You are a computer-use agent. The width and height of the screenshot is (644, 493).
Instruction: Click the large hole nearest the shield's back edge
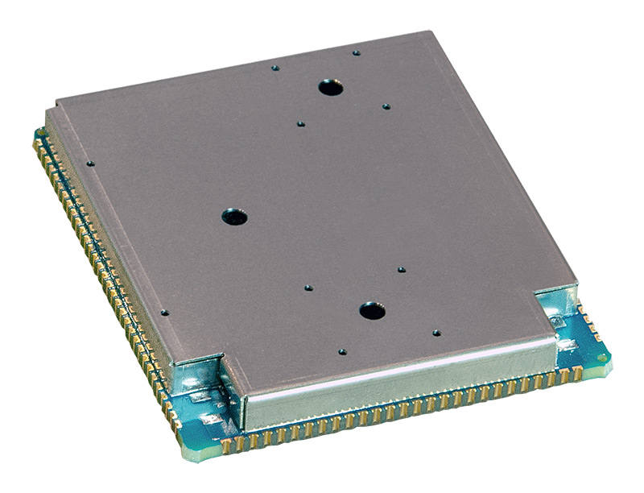click(328, 86)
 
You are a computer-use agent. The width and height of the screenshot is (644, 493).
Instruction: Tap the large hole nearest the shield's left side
click(234, 216)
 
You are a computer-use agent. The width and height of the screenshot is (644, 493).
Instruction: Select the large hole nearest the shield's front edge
click(371, 310)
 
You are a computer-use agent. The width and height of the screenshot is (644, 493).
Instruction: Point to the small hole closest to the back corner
click(356, 53)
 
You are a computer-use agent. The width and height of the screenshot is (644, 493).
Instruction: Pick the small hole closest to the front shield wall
click(342, 352)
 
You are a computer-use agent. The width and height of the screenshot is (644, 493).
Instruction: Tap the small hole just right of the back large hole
click(386, 106)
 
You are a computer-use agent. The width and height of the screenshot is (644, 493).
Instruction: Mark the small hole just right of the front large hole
click(436, 332)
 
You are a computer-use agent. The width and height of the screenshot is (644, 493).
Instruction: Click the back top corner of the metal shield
click(432, 35)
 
